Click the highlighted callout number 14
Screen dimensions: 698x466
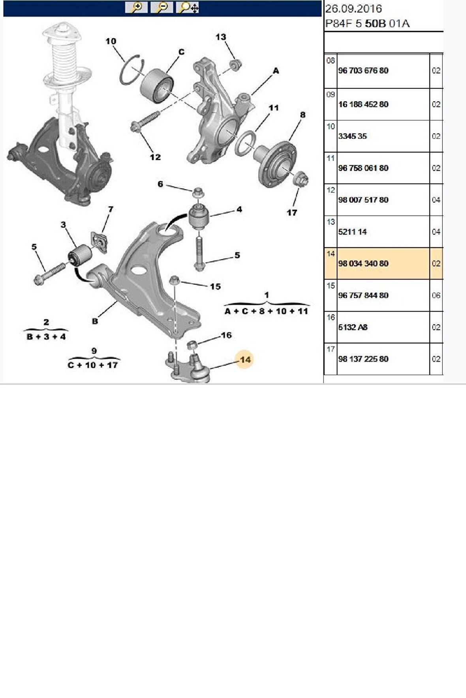click(245, 360)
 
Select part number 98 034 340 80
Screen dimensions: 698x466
click(363, 263)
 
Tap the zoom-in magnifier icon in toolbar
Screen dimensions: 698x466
click(136, 7)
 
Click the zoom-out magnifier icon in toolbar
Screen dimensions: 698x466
click(162, 7)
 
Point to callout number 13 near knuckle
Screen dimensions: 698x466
click(221, 37)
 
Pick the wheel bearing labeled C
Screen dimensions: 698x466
click(157, 86)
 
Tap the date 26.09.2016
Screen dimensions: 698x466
click(353, 9)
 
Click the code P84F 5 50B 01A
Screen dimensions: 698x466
click(367, 24)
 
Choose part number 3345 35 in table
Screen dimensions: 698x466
click(352, 136)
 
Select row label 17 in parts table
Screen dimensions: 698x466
click(331, 349)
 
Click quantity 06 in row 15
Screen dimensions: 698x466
click(436, 295)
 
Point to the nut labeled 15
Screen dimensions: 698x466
click(175, 281)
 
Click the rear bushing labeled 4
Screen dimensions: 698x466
click(199, 216)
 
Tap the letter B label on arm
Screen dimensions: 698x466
click(95, 321)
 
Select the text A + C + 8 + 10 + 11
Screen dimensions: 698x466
click(266, 311)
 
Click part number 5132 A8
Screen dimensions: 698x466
click(353, 327)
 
